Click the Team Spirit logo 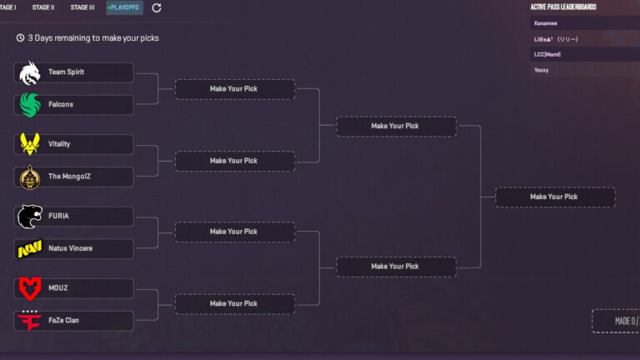pos(29,72)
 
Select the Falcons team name pos(61,104)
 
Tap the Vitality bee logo pos(29,144)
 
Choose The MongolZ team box pos(74,177)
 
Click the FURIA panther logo pos(29,217)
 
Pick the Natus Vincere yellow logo pos(29,248)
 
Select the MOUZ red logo pos(29,288)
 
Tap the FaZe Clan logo pos(29,320)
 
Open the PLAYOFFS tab pos(124,7)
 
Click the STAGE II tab pos(43,7)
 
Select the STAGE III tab pos(82,7)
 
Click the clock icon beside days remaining pos(20,37)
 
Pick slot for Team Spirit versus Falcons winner pos(234,89)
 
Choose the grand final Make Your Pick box pos(554,197)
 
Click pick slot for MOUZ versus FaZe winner pos(234,304)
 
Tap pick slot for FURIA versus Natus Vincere pos(234,232)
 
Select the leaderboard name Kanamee pos(546,23)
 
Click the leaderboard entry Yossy pos(542,70)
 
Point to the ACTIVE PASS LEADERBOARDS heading pos(563,7)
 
